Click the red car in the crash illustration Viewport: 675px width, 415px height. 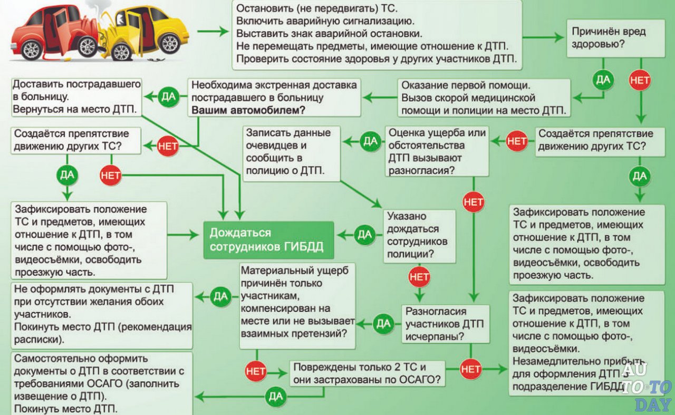pyautogui.click(x=50, y=32)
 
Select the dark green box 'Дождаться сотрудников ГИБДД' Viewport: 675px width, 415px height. pyautogui.click(x=268, y=240)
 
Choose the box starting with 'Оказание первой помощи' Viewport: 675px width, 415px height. pyautogui.click(x=484, y=98)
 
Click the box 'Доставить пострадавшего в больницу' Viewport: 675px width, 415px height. pyautogui.click(x=76, y=97)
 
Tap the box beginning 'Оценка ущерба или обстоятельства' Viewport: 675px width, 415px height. pyautogui.click(x=437, y=151)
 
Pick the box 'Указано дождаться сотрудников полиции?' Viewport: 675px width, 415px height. pyautogui.click(x=420, y=236)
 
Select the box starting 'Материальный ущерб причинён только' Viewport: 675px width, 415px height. pyautogui.click(x=297, y=306)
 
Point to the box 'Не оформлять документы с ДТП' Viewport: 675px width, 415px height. pyautogui.click(x=102, y=314)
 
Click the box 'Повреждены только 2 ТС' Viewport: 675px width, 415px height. pyautogui.click(x=367, y=373)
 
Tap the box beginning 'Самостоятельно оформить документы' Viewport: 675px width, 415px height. pyautogui.click(x=102, y=383)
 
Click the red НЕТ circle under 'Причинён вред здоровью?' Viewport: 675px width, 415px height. pyautogui.click(x=640, y=80)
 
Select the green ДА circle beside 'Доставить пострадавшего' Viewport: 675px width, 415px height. pyautogui.click(x=168, y=96)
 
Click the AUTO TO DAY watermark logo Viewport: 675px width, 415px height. pyautogui.click(x=645, y=388)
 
